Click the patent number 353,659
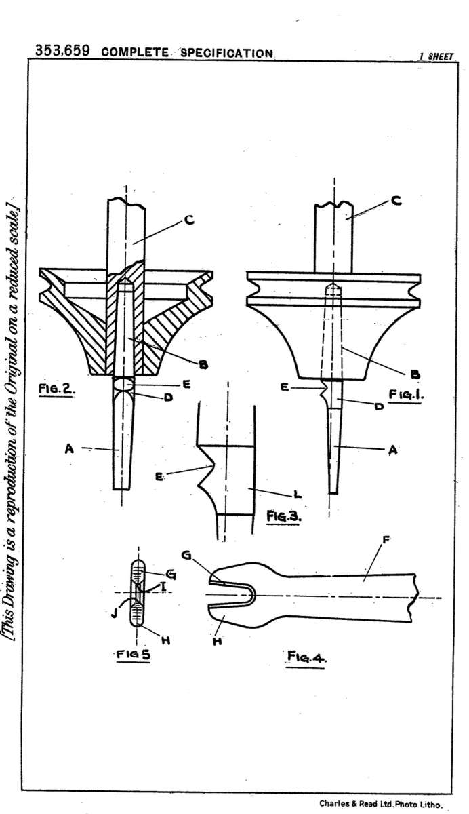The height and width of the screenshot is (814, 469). (x=62, y=50)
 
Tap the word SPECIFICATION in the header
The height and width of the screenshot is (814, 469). (x=226, y=53)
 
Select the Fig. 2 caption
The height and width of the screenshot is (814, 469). (x=57, y=389)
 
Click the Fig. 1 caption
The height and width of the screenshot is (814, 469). (x=406, y=394)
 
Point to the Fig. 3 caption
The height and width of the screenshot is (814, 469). (x=283, y=516)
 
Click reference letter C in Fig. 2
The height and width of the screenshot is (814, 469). (x=189, y=220)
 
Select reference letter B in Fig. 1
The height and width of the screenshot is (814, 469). (x=415, y=374)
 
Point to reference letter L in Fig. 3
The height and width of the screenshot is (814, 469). (x=298, y=495)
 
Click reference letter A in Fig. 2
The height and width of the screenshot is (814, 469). (x=69, y=449)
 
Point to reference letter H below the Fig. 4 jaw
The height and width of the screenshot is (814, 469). (x=217, y=641)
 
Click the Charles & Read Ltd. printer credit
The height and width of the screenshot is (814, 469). (x=381, y=804)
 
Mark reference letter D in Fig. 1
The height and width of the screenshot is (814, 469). (x=379, y=406)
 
